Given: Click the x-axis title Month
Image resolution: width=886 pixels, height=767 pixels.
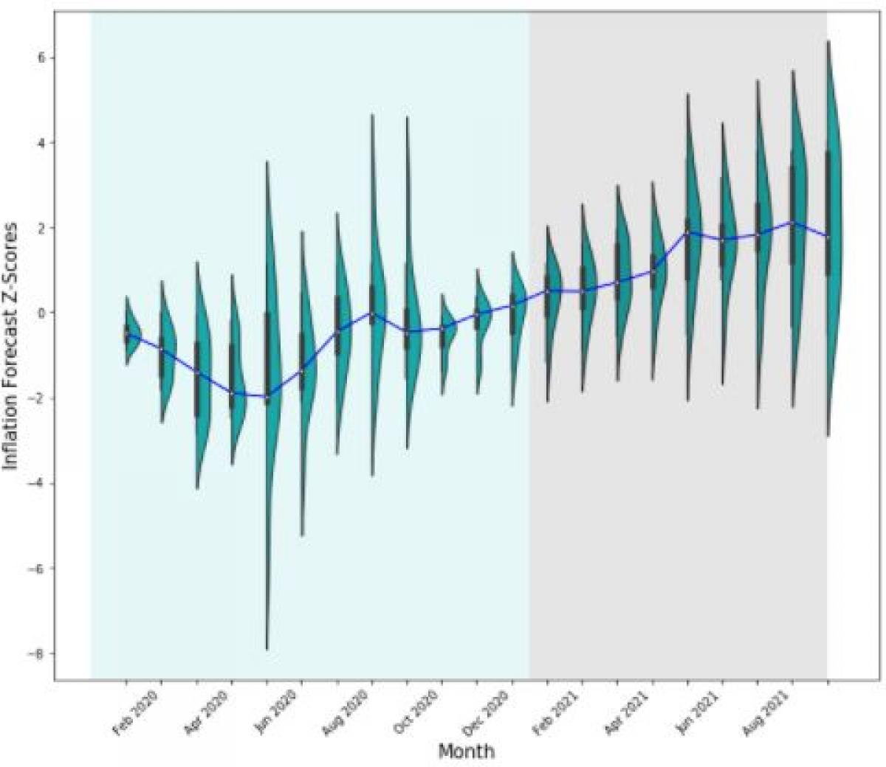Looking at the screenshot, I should [466, 752].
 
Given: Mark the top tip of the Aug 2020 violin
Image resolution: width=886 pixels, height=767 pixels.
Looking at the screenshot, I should [372, 115].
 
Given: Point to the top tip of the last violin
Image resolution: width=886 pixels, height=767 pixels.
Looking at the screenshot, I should [828, 41].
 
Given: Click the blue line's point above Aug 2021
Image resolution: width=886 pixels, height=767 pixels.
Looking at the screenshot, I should [793, 221].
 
